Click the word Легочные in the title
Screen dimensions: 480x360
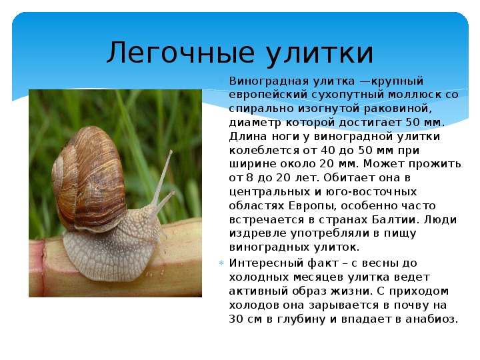click(x=180, y=53)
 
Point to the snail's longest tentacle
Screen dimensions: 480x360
click(x=162, y=177)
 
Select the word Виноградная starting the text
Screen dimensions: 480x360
click(x=269, y=81)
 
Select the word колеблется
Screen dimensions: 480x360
click(x=264, y=150)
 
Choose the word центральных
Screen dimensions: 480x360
click(x=269, y=192)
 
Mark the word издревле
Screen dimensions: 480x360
click(x=257, y=234)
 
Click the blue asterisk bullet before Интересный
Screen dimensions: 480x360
click(x=221, y=263)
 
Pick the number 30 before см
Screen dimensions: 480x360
click(x=236, y=319)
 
